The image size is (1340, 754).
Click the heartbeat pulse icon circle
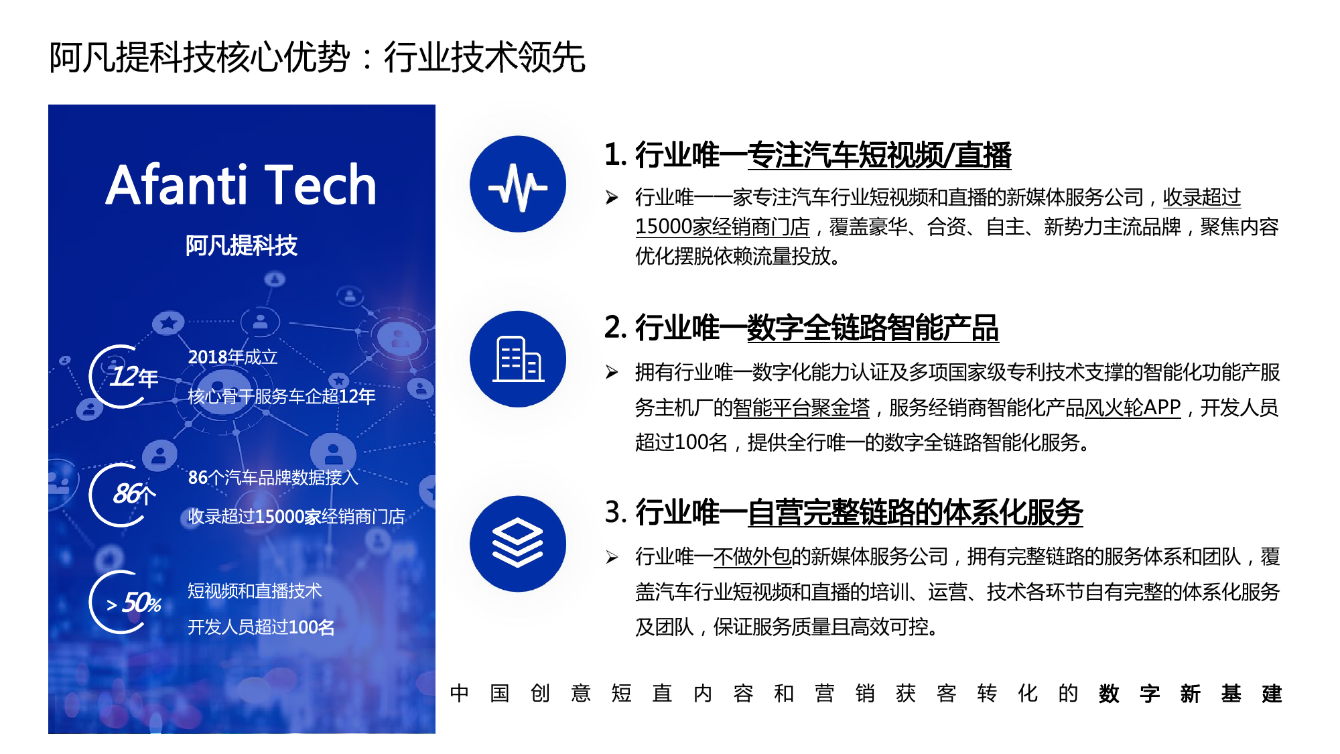pos(518,184)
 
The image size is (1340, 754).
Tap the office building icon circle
pos(518,359)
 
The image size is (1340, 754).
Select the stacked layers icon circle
pos(518,544)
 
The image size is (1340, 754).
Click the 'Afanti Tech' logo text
pos(241,185)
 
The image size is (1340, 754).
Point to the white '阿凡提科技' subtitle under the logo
pos(241,245)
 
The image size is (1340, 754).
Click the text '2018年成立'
pos(232,357)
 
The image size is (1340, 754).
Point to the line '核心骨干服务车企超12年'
pos(281,396)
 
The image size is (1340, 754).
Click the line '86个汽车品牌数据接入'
pos(273,477)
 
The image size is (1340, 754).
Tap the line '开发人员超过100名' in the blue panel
pos(261,627)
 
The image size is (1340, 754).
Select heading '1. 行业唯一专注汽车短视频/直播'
pos(807,155)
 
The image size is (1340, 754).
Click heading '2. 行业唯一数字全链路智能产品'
pos(801,328)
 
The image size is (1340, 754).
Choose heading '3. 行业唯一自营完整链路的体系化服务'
pos(844,513)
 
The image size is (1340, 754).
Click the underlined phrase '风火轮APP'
pos(1132,407)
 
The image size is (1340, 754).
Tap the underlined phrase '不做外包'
pos(752,556)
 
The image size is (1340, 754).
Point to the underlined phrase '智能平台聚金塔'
pos(801,407)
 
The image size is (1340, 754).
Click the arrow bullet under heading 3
pos(612,557)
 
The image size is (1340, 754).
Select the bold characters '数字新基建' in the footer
pos(1190,693)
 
